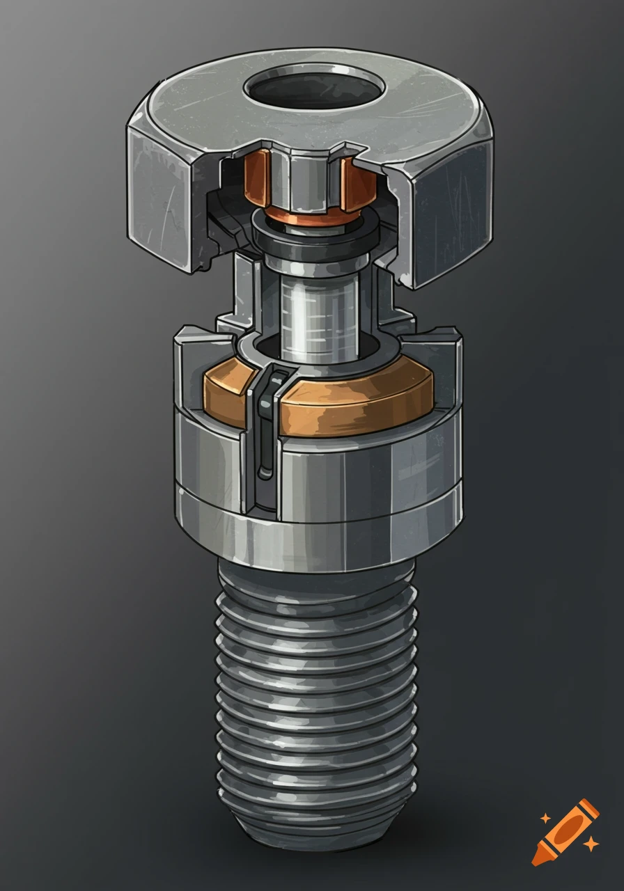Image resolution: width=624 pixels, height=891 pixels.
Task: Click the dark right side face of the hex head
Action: [x=454, y=209]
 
